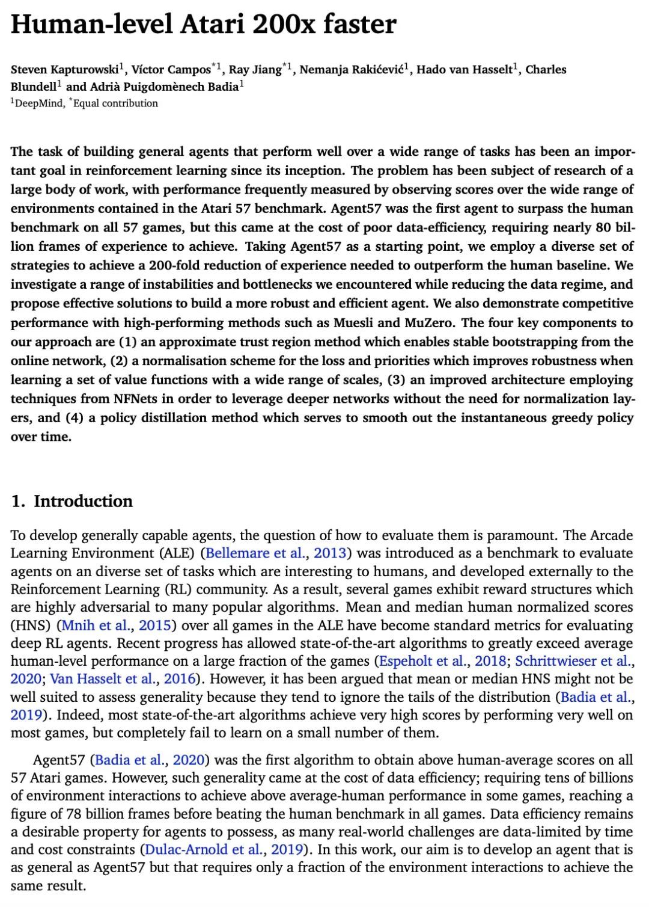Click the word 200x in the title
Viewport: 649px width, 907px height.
click(284, 24)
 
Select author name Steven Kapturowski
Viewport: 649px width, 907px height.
click(64, 70)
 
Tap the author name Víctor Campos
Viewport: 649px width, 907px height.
click(171, 70)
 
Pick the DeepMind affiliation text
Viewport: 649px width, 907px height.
click(37, 103)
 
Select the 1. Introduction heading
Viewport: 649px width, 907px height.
click(72, 501)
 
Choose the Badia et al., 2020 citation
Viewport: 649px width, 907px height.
click(150, 760)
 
